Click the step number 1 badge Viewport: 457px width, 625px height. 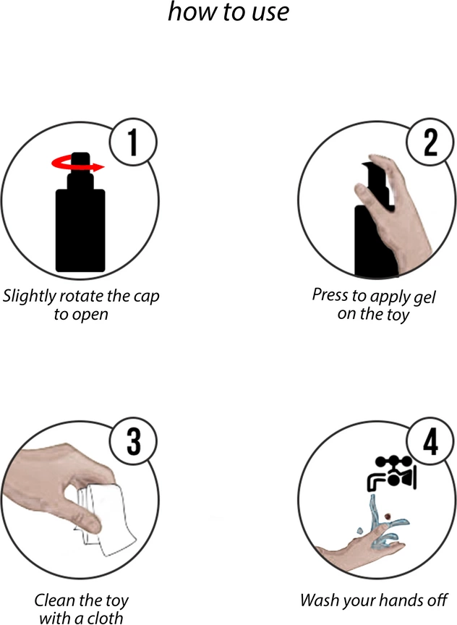point(133,142)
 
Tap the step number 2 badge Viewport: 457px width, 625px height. point(430,142)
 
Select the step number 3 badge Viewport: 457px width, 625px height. point(133,441)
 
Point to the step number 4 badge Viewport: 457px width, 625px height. point(430,441)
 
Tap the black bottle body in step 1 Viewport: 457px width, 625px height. point(80,230)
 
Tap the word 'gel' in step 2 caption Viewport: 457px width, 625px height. point(424,297)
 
